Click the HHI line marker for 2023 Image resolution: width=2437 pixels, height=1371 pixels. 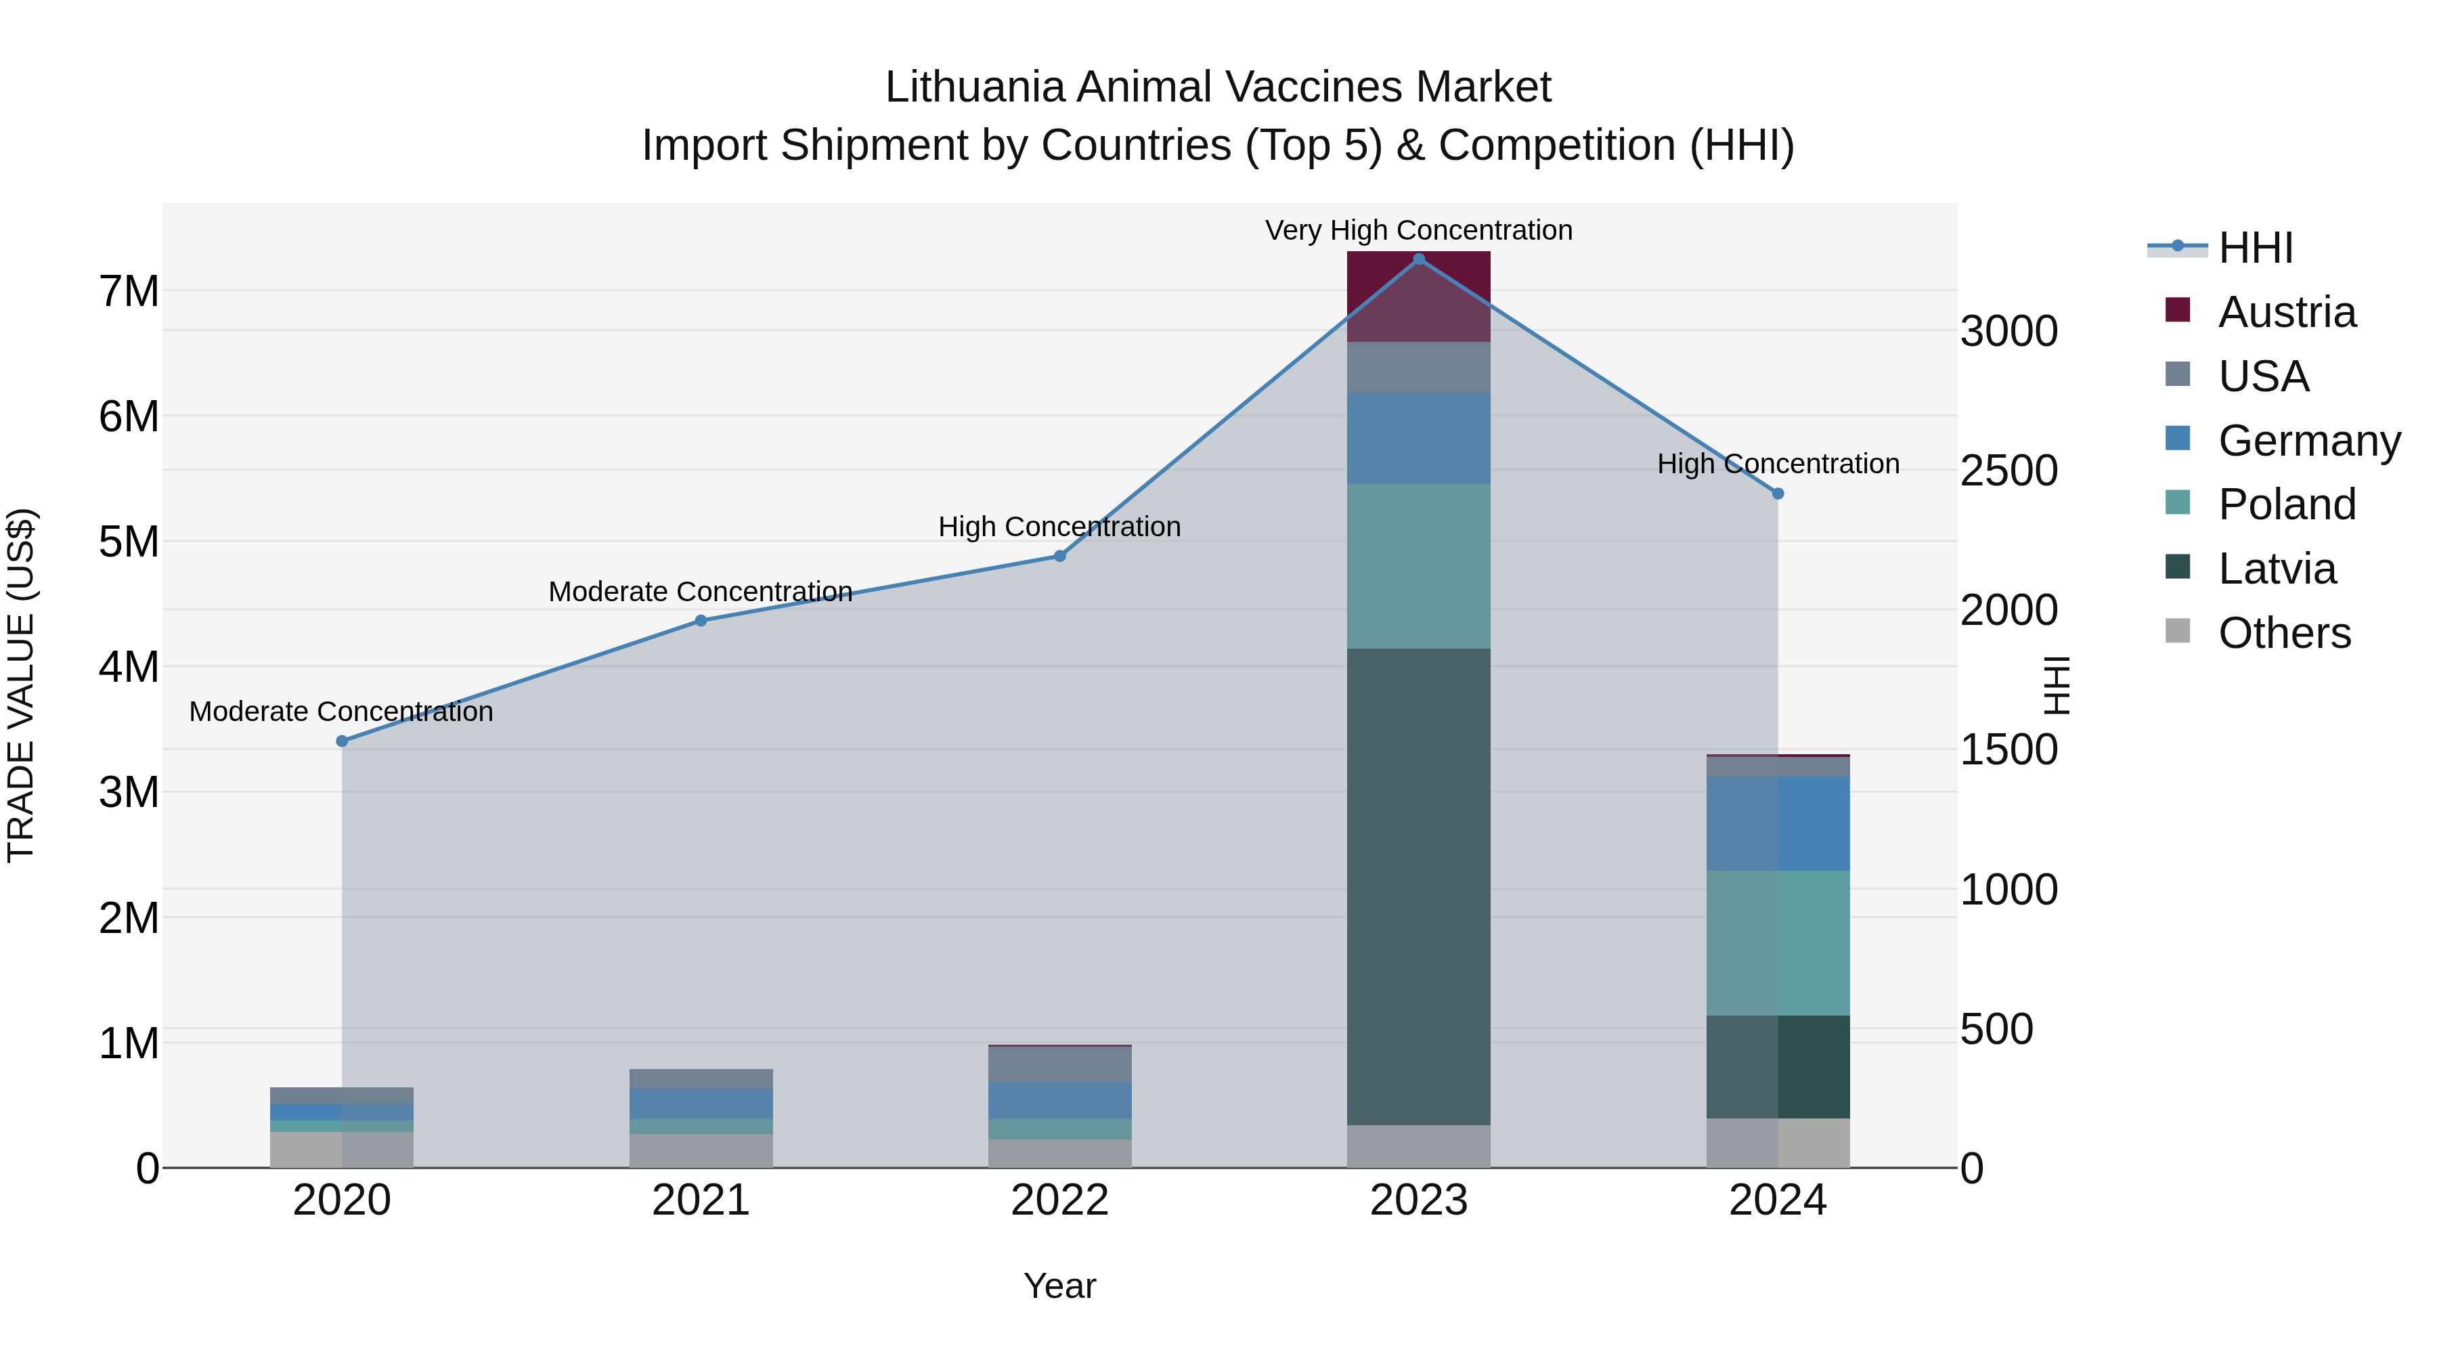(x=1418, y=259)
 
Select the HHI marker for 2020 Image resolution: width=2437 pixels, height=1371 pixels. (x=343, y=741)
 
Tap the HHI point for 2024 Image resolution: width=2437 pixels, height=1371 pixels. (x=1778, y=493)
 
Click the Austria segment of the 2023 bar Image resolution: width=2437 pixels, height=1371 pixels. (x=1418, y=295)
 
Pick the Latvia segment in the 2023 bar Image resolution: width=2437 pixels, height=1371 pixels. (x=1418, y=886)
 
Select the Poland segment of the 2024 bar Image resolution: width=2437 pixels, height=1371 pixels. (x=1778, y=942)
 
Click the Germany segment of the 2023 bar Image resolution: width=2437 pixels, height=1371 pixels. (x=1418, y=438)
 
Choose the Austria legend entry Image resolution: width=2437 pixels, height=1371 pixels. (x=2287, y=312)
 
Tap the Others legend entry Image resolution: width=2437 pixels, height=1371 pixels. (x=2284, y=633)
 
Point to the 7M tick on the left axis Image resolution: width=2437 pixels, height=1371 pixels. (x=129, y=290)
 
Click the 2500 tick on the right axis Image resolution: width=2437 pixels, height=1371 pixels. (x=2008, y=471)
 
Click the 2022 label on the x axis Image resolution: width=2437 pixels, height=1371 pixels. (x=1059, y=1200)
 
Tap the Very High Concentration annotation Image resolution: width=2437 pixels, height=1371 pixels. (x=1418, y=230)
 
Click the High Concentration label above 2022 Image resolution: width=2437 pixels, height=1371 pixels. (x=1059, y=526)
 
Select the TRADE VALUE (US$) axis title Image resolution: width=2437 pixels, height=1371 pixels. (x=21, y=685)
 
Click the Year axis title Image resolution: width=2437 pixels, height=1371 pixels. (x=1059, y=1286)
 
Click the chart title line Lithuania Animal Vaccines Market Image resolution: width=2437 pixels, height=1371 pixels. (x=1218, y=87)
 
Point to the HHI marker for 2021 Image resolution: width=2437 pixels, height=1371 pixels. (x=701, y=621)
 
